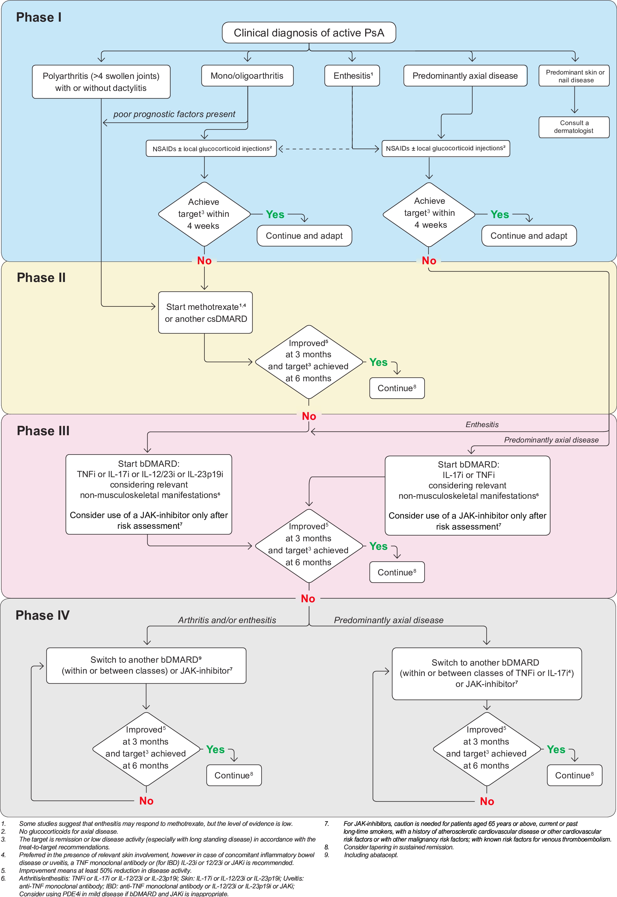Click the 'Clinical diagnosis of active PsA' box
(x=309, y=33)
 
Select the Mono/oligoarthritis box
(x=247, y=76)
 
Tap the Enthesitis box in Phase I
(x=352, y=76)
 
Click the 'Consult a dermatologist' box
(x=574, y=127)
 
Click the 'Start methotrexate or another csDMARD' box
(x=205, y=313)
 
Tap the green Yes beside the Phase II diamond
(x=378, y=363)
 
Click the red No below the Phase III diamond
(x=308, y=599)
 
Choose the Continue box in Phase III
(x=397, y=572)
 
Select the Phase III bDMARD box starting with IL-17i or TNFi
(x=467, y=495)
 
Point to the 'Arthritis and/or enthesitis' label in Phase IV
(x=227, y=620)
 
